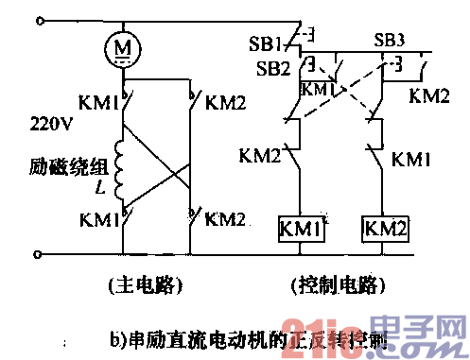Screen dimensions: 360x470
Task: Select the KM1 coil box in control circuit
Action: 299,228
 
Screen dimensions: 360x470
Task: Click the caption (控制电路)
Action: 336,283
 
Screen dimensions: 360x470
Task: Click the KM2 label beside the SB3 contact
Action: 428,96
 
